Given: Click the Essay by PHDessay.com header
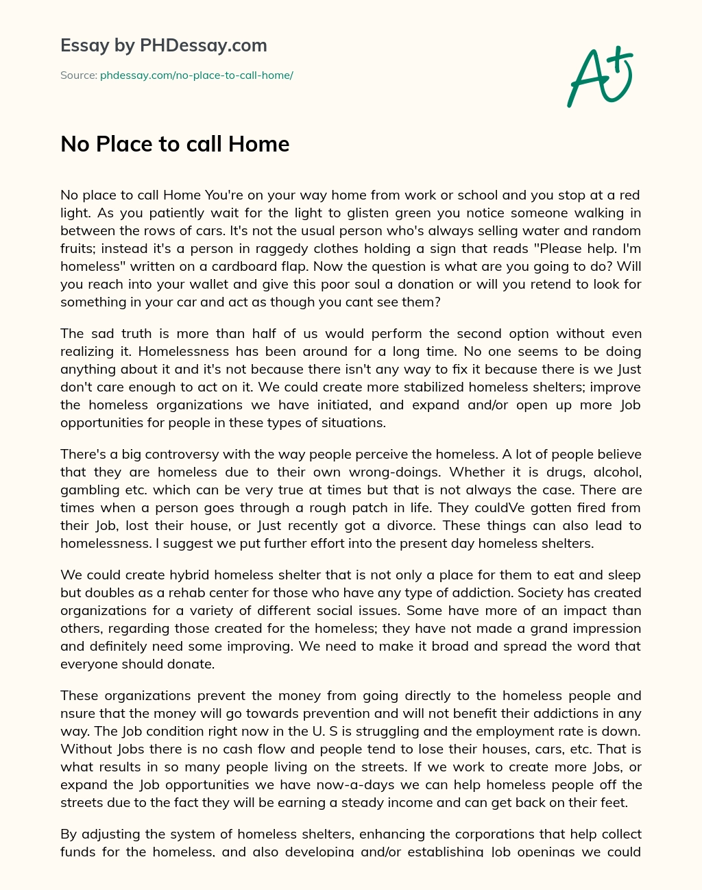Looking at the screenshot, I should pos(163,46).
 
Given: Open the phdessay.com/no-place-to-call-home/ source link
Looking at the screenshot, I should pos(197,75).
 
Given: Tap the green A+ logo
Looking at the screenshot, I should pos(599,76).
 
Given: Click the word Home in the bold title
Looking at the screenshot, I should pos(259,144).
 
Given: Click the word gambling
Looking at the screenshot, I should pos(88,490).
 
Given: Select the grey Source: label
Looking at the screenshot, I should pos(78,75).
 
